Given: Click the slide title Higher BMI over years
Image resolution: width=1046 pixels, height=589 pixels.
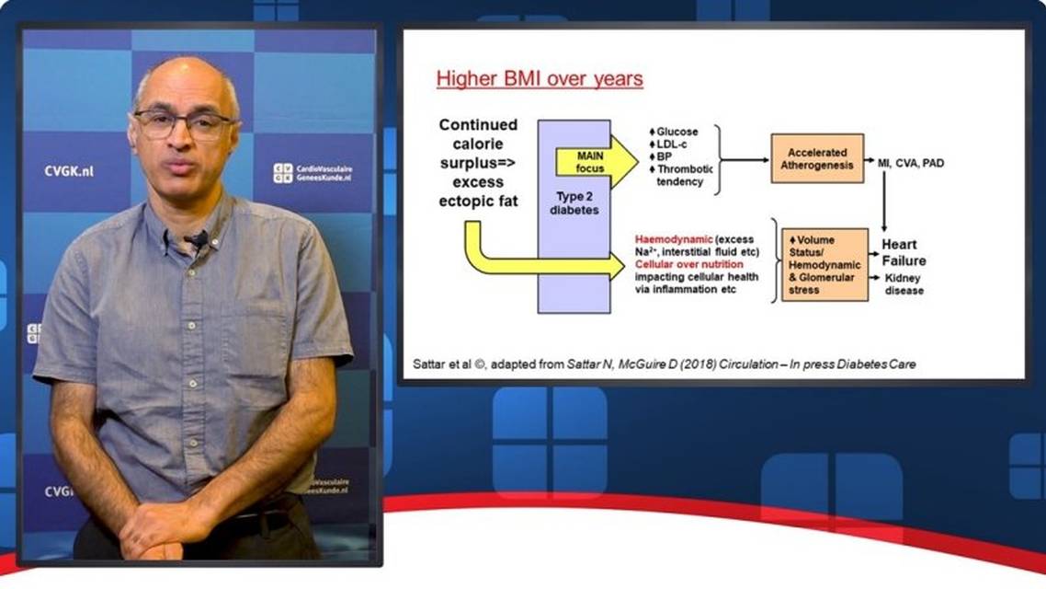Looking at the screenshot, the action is pos(540,79).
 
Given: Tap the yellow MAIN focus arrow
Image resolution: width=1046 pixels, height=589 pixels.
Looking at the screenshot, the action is pos(597,162).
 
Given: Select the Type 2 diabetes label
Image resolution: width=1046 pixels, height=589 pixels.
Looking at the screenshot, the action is pos(574,203).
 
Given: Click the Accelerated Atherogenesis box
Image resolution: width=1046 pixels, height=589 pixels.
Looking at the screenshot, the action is pos(817,159).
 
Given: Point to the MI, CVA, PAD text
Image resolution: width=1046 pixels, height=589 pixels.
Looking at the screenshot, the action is pos(911,163).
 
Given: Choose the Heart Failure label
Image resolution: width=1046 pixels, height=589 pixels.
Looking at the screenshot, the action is pos(904,252).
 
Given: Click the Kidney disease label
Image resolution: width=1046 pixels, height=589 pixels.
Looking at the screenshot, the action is pos(904,283).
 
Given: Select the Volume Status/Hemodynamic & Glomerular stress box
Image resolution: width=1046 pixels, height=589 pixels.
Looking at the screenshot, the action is pos(824,264).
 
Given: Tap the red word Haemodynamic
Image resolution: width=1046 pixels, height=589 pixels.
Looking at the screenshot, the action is pos(673,239).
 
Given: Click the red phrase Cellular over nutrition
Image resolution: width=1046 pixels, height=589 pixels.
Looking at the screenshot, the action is pos(689,264).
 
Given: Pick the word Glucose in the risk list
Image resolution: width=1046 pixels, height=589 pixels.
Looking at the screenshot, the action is pos(677,132).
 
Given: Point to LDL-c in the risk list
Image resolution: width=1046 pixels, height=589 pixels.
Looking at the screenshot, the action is pos(672,144).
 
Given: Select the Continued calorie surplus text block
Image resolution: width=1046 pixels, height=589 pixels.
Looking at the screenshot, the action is pos(478,163).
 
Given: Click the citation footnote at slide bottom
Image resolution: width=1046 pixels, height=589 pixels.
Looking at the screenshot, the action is pos(664,364).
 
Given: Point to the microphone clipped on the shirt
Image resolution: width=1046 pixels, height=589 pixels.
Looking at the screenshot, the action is pos(199,238).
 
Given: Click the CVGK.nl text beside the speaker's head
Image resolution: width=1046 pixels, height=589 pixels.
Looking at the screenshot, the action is pos(69,171).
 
